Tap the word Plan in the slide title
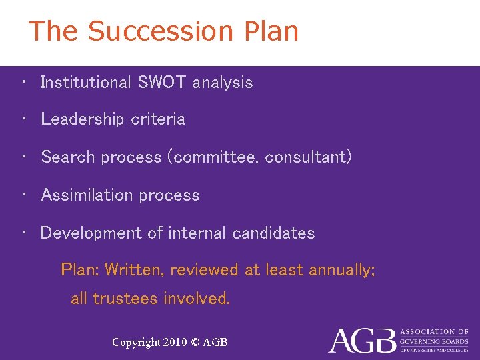point(271,31)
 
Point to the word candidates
point(273,233)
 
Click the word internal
point(198,233)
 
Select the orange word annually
point(337,270)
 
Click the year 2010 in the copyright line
point(176,343)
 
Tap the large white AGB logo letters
point(361,341)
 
